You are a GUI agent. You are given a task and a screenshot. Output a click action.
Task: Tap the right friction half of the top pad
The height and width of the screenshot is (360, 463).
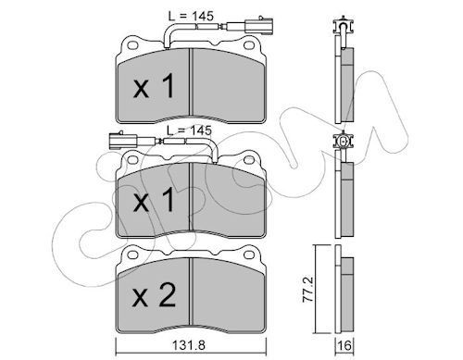(x=226, y=89)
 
